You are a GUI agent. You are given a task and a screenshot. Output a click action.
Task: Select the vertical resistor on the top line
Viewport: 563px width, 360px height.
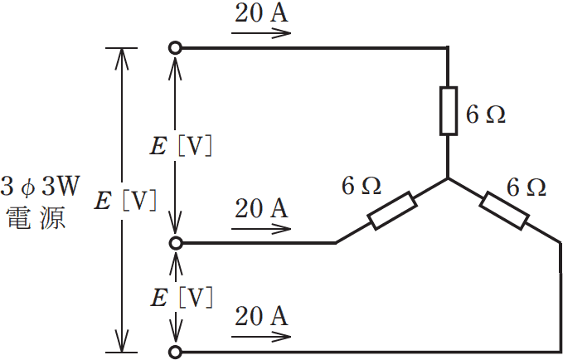pyautogui.click(x=449, y=111)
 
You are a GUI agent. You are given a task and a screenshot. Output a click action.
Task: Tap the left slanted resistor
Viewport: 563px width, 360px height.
pyautogui.click(x=392, y=211)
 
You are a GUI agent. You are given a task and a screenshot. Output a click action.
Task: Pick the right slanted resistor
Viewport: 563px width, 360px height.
pyautogui.click(x=504, y=211)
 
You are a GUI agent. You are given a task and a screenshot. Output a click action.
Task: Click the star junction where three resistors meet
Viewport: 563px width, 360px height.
pyautogui.click(x=448, y=178)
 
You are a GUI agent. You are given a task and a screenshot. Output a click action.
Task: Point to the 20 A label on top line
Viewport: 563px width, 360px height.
pyautogui.click(x=261, y=13)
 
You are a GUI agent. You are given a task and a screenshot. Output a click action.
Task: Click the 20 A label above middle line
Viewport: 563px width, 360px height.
pyautogui.click(x=261, y=209)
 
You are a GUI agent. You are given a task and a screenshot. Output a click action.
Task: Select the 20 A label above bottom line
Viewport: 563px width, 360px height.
pyautogui.click(x=261, y=317)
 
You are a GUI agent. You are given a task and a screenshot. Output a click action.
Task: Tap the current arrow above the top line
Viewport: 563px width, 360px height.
pyautogui.click(x=261, y=33)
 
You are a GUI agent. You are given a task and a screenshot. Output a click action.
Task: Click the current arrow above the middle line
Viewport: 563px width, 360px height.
pyautogui.click(x=261, y=229)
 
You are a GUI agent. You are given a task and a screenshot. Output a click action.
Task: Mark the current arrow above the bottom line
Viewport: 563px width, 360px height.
pyautogui.click(x=261, y=337)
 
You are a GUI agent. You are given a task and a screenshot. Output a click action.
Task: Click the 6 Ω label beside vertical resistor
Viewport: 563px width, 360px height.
pyautogui.click(x=486, y=115)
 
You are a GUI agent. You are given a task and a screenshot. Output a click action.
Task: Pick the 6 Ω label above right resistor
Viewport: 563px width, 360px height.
pyautogui.click(x=527, y=187)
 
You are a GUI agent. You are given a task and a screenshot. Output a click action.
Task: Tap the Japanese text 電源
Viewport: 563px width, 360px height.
pyautogui.click(x=36, y=218)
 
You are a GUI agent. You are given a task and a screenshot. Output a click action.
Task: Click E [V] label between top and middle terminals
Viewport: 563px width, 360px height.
pyautogui.click(x=181, y=146)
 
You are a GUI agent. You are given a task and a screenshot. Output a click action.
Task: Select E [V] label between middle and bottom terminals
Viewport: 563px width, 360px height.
pyautogui.click(x=182, y=298)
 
